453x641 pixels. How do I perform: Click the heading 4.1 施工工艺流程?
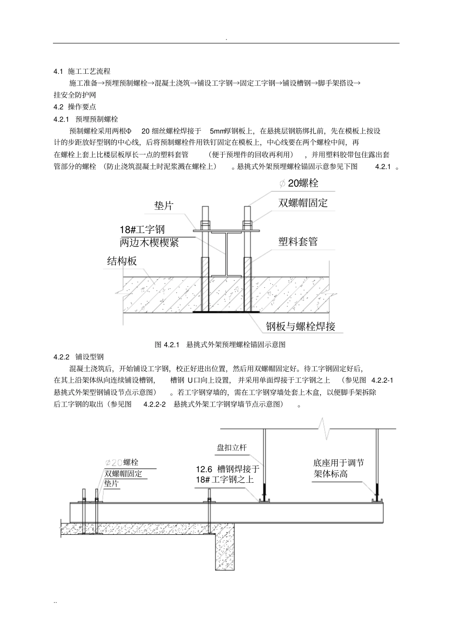click(82, 71)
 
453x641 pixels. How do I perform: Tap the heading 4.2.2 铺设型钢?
click(79, 356)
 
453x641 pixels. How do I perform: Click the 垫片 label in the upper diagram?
click(164, 206)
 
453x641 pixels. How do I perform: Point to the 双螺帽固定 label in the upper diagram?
click(303, 203)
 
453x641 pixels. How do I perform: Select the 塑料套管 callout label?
click(298, 242)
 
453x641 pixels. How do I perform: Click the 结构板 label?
click(122, 261)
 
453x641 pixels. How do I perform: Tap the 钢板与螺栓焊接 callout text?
click(301, 326)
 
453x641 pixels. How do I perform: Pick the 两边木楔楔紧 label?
click(149, 243)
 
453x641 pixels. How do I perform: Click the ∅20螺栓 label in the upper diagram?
click(299, 183)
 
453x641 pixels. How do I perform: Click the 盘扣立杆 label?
click(232, 448)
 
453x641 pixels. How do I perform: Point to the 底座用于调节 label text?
click(339, 463)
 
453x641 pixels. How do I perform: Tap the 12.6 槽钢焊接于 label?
click(228, 469)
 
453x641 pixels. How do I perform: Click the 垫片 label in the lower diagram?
click(112, 484)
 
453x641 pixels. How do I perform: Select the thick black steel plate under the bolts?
click(226, 313)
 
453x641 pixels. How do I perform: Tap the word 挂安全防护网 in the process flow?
click(75, 95)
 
